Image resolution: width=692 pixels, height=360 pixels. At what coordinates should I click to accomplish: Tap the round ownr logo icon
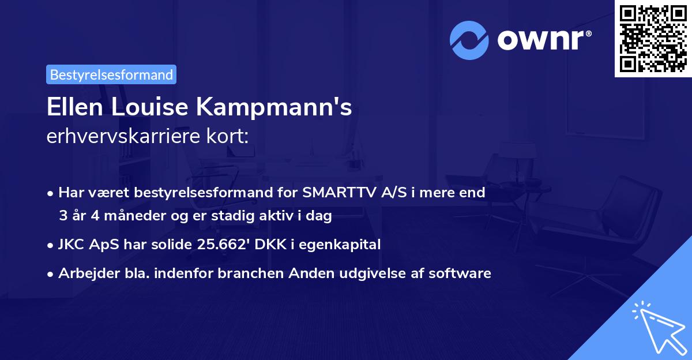pos(469,40)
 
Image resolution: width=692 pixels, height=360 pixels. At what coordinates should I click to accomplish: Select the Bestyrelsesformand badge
pos(111,74)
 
